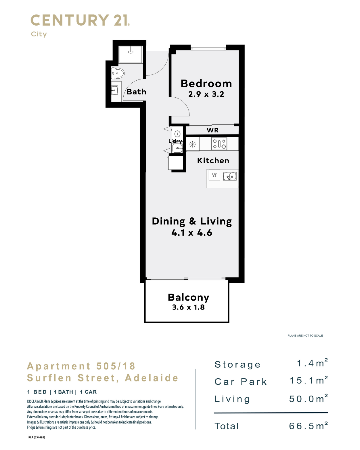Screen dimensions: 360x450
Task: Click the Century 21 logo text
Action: click(80, 20)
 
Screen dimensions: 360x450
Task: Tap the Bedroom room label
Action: click(206, 84)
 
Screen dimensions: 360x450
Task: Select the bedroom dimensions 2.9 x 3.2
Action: click(206, 94)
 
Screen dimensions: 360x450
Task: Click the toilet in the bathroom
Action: click(118, 73)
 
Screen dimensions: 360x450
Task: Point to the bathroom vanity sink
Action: click(115, 91)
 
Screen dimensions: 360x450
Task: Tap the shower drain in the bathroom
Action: click(131, 52)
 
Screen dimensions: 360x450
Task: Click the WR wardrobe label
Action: click(213, 130)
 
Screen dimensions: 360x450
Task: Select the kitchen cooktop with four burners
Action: click(219, 144)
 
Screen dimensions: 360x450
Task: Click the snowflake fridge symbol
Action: click(192, 144)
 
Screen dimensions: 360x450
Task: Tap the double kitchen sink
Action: click(230, 176)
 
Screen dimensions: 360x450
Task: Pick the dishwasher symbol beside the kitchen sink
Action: click(214, 175)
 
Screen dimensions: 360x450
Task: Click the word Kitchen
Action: click(213, 161)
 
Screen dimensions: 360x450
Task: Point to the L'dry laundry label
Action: click(175, 141)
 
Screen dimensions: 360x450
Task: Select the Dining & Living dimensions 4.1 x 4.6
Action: click(192, 233)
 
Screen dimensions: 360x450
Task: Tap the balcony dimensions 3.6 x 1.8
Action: click(188, 307)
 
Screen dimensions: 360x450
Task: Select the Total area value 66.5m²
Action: click(308, 426)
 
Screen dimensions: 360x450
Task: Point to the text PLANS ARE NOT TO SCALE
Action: click(305, 336)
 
